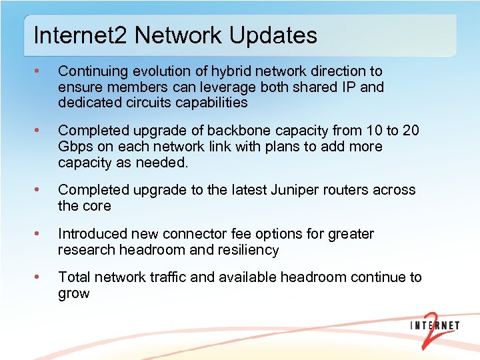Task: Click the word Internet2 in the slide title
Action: click(79, 35)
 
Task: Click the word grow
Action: click(74, 294)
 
